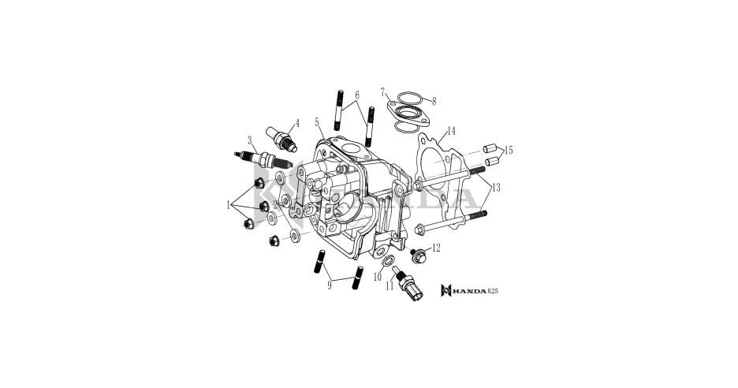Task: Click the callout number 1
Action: click(x=229, y=205)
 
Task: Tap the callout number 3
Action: click(x=249, y=140)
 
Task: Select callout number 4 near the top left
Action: click(x=296, y=123)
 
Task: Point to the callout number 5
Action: click(x=317, y=122)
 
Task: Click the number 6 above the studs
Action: click(x=357, y=95)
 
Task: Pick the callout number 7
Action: click(x=382, y=92)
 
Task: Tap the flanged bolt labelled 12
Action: click(x=418, y=255)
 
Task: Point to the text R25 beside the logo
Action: click(x=494, y=291)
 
